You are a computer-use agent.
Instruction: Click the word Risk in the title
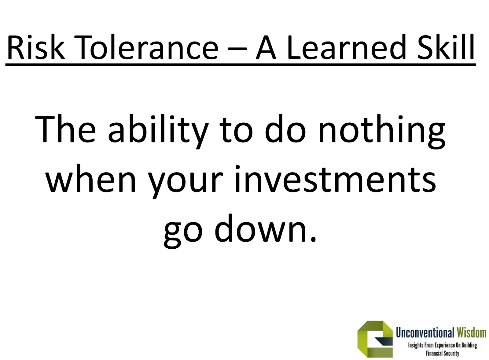coord(36,47)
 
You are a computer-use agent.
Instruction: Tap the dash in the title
coord(237,49)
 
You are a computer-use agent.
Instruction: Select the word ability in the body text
coord(158,132)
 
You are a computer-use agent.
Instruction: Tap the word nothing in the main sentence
coord(382,132)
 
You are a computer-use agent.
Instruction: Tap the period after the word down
coord(313,239)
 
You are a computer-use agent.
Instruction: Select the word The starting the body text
coord(65,129)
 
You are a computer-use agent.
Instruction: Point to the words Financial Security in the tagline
coord(442,353)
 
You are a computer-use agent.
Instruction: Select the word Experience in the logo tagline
coord(445,346)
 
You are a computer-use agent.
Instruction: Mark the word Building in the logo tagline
coord(469,345)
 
